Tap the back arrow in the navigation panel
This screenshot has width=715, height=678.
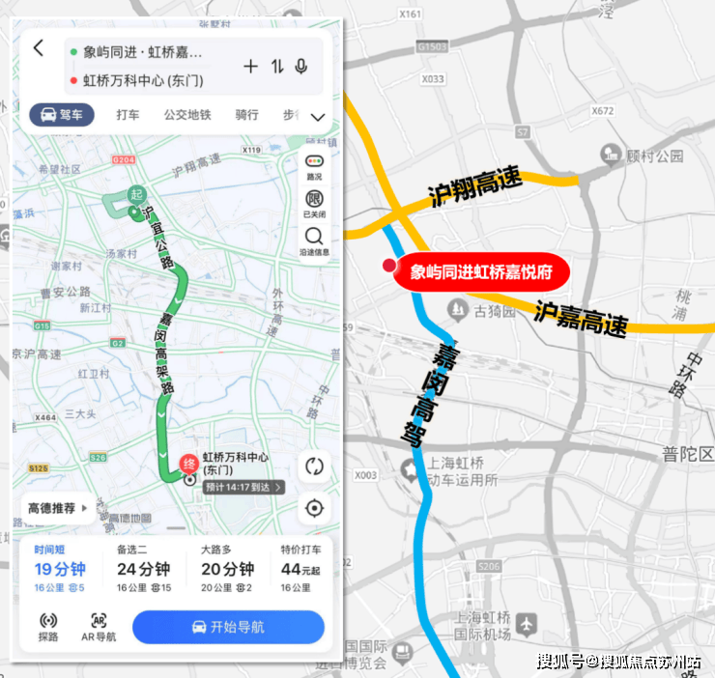click(39, 48)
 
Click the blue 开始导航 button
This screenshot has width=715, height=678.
click(228, 627)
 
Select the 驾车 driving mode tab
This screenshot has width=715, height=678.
click(62, 115)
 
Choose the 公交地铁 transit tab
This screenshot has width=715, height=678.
click(186, 115)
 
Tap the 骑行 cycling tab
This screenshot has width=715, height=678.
click(246, 115)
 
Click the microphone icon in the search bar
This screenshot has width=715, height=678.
click(301, 66)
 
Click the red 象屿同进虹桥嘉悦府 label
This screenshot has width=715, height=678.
click(481, 272)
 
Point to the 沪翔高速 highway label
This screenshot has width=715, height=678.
click(474, 187)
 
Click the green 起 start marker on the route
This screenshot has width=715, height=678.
click(135, 194)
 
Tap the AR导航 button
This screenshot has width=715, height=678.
click(99, 628)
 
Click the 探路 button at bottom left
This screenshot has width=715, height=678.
click(48, 628)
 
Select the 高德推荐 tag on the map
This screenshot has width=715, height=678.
click(56, 507)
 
